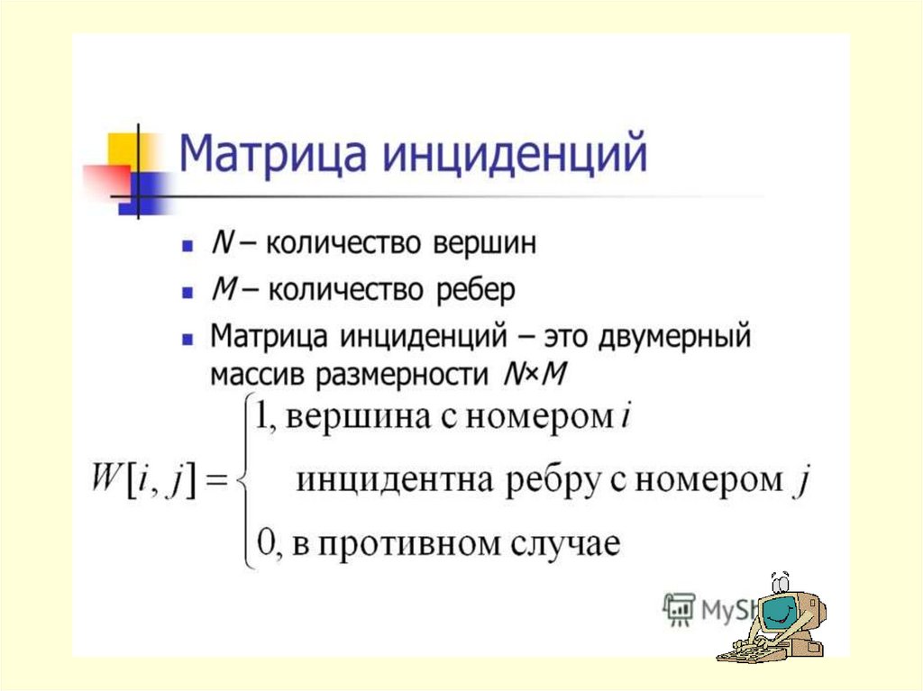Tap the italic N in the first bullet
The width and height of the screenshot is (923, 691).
(222, 242)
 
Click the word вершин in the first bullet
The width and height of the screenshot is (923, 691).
(484, 243)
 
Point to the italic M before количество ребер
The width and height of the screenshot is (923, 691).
(224, 289)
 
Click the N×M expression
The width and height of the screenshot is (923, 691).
(535, 374)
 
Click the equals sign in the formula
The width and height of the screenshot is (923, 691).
(215, 480)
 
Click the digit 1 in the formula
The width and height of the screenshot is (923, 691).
(262, 417)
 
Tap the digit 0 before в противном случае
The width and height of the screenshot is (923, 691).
(264, 542)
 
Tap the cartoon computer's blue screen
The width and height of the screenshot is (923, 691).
(778, 614)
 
